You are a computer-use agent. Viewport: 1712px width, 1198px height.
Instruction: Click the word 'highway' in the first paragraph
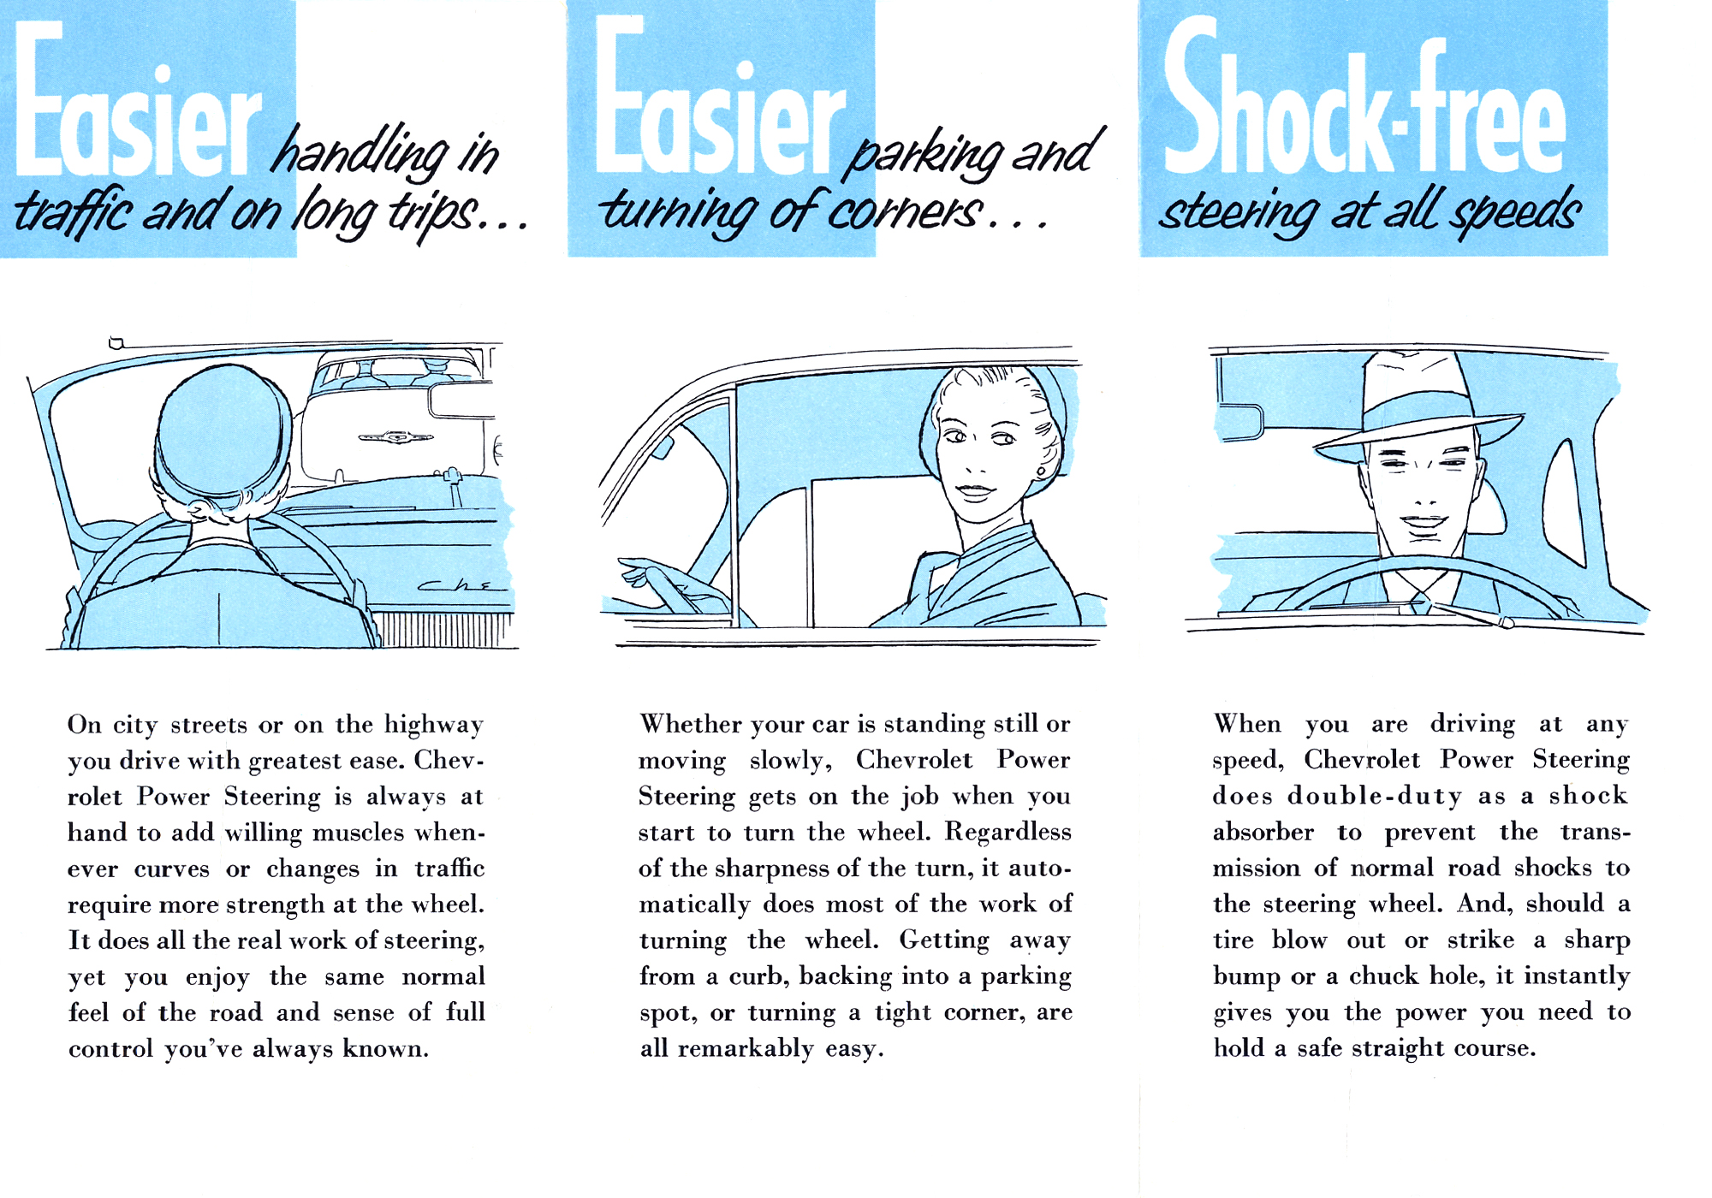[x=433, y=726]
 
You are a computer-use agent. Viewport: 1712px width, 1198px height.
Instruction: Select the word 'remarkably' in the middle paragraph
[x=745, y=1049]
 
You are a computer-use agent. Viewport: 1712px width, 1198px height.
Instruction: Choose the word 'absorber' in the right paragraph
[x=1263, y=833]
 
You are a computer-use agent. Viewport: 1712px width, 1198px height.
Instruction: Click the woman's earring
[x=1041, y=471]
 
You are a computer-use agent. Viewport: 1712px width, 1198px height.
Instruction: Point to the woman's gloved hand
[x=663, y=582]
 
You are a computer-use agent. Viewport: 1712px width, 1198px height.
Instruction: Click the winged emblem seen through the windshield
[x=395, y=438]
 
